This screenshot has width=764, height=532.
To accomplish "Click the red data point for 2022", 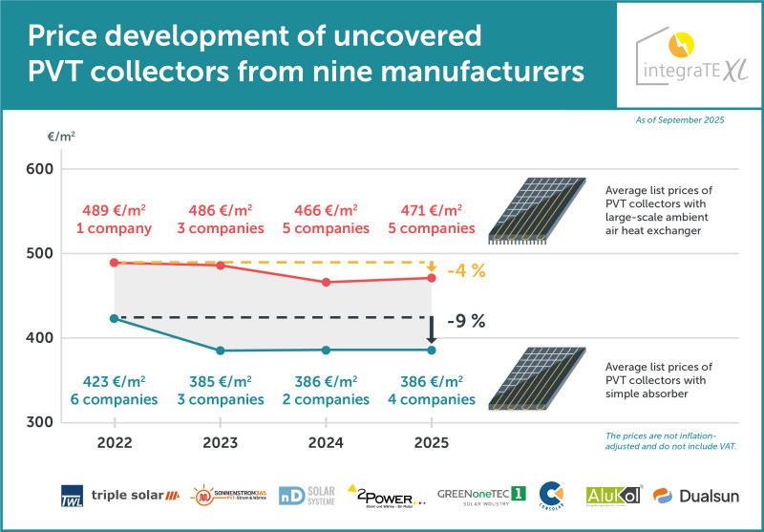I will pos(115,263).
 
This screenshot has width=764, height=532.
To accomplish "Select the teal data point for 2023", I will pos(221,351).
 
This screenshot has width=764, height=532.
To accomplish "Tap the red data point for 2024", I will pos(327,282).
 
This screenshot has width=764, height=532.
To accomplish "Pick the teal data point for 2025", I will pos(432,350).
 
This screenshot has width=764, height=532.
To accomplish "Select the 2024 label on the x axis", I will pos(327,444).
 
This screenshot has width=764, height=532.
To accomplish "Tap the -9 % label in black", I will pos(465,322).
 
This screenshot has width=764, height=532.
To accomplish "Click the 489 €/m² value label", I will pos(115,210).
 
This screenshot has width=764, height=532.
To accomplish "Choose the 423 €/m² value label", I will pos(115,379).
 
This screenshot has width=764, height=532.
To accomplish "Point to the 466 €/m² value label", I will pos(327,210).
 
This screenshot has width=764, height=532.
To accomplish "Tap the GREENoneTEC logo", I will pos(482,496).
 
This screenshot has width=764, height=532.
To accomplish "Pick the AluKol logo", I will pos(614,495).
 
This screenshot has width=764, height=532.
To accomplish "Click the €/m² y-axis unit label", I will pos(61,136).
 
